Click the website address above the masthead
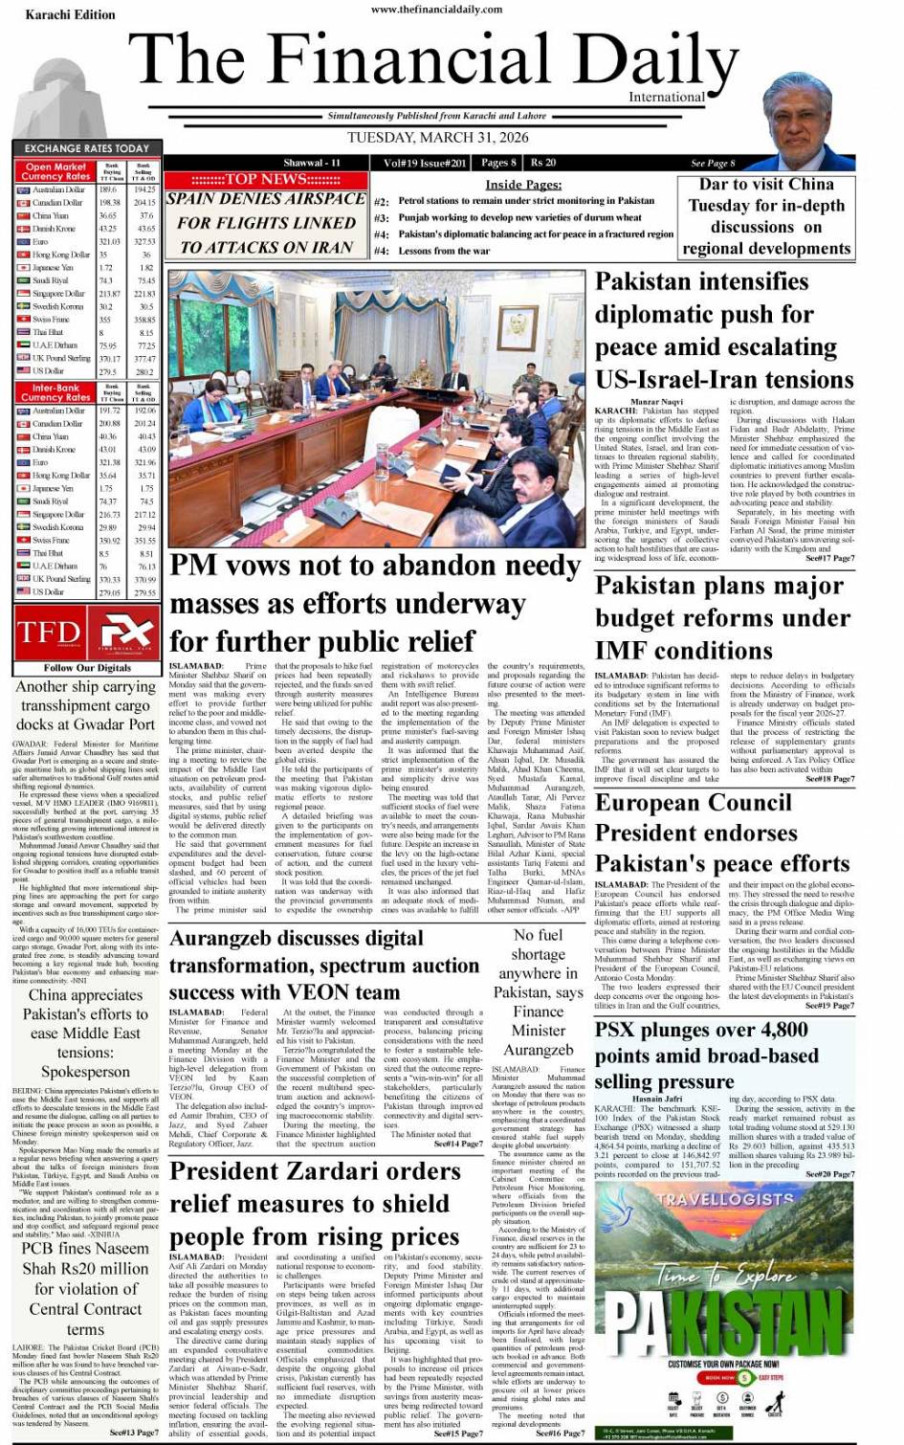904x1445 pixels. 436,9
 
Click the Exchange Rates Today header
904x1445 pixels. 86,148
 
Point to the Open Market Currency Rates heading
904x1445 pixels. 55,171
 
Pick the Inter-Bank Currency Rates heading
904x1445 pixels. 55,392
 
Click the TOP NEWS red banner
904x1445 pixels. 265,180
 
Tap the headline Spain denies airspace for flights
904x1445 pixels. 266,223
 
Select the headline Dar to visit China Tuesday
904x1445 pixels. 766,216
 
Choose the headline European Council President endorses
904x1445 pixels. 722,833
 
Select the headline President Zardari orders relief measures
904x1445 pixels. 316,1203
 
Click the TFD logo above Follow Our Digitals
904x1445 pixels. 50,633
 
